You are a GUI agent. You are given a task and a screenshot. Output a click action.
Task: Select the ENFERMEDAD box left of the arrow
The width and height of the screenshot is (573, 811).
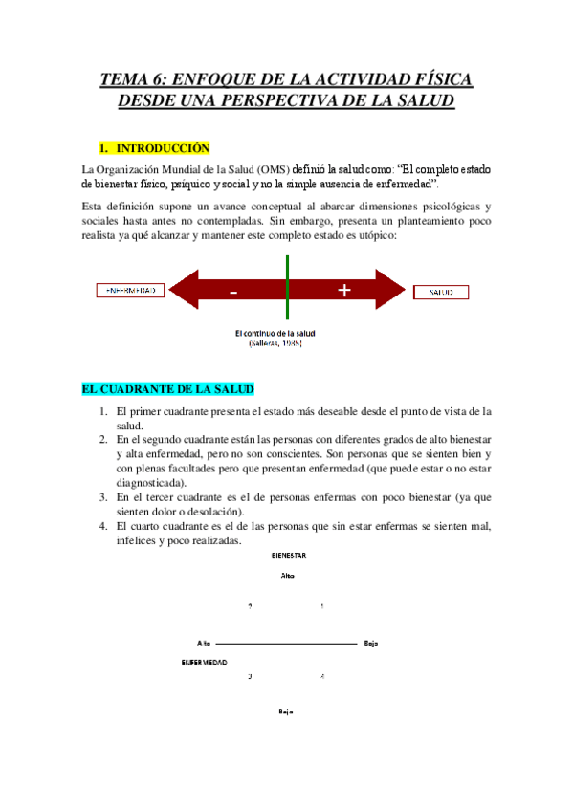coord(132,290)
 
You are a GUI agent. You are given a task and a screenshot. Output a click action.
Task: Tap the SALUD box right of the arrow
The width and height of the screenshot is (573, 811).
coord(441,291)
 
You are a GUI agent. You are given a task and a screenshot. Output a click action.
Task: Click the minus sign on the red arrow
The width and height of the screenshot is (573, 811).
coord(233,293)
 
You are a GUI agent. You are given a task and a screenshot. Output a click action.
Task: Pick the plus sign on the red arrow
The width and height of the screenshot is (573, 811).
coord(343,291)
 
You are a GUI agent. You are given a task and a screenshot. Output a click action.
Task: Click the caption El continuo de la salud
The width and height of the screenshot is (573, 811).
coord(275,333)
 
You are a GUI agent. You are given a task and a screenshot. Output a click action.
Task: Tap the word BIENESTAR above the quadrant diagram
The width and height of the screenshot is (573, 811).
coord(287,556)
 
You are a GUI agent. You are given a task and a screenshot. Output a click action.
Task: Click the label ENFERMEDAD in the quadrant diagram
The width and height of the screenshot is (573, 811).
coord(204,662)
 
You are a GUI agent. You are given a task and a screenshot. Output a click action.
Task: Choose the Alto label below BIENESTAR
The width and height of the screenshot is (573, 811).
coord(287,576)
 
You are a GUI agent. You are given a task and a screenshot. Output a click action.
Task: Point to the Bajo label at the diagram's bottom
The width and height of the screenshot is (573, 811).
coord(285,712)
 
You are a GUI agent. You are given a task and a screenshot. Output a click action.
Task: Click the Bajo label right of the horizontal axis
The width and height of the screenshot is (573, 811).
coord(371,643)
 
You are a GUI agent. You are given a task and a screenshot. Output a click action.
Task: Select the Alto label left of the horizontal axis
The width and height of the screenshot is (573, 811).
coord(203,643)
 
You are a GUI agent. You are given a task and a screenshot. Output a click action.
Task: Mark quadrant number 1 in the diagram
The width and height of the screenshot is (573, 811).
coord(322,607)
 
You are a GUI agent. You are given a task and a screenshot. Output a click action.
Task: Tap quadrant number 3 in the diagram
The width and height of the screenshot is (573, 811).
coord(250,677)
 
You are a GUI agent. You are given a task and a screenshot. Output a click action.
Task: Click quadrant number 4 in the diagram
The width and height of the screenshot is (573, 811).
coord(322,677)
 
